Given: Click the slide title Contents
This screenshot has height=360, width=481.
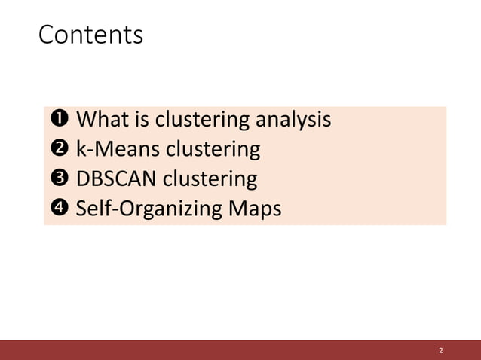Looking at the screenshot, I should click(x=90, y=35).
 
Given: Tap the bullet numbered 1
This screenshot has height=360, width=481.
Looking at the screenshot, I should click(x=59, y=119).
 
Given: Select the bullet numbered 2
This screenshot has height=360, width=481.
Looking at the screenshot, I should click(x=59, y=149).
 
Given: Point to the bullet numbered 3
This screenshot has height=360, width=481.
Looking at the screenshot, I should click(x=59, y=179).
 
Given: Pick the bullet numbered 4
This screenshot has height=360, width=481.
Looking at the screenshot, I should click(x=59, y=209).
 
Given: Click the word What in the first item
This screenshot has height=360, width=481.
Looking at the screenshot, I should click(x=103, y=119).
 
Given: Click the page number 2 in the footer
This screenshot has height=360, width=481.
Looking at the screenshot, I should click(x=441, y=351).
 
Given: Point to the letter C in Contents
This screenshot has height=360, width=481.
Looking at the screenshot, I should click(x=47, y=35).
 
